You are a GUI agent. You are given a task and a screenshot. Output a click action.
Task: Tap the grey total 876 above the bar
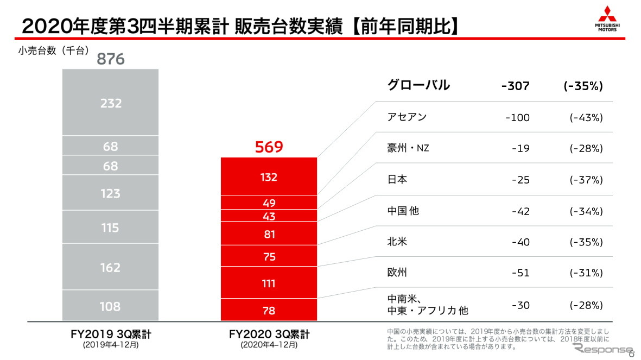pyautogui.click(x=111, y=59)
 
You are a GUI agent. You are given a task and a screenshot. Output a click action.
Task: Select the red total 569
pyautogui.click(x=269, y=147)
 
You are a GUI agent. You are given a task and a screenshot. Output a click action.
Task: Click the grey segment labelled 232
pyautogui.click(x=111, y=103)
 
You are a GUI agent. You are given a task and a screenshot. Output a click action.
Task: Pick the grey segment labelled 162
pyautogui.click(x=111, y=267)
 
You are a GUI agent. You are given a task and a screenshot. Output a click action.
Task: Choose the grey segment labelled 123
pyautogui.click(x=111, y=193)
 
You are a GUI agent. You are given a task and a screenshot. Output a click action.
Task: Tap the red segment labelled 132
pyautogui.click(x=269, y=177)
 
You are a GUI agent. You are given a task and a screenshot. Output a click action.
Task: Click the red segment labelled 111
pyautogui.click(x=269, y=283)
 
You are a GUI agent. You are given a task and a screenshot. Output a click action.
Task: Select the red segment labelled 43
pyautogui.click(x=269, y=216)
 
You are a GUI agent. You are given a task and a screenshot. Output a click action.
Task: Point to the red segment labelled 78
pyautogui.click(x=269, y=311)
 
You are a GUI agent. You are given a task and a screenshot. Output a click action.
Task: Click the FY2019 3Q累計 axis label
pyautogui.click(x=111, y=334)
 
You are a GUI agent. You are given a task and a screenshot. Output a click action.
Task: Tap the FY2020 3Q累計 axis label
pyautogui.click(x=269, y=334)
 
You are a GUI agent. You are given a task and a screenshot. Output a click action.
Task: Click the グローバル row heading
pyautogui.click(x=418, y=85)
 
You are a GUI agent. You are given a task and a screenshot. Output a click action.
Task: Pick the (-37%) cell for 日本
pyautogui.click(x=586, y=180)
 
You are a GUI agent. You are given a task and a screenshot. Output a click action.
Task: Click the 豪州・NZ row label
pyautogui.click(x=408, y=148)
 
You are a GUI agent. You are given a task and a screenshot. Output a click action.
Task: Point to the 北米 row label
pyautogui.click(x=397, y=242)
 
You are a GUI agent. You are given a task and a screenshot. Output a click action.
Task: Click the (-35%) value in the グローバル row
pyautogui.click(x=583, y=86)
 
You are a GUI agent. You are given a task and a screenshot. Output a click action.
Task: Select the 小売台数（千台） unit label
pyautogui.click(x=53, y=51)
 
